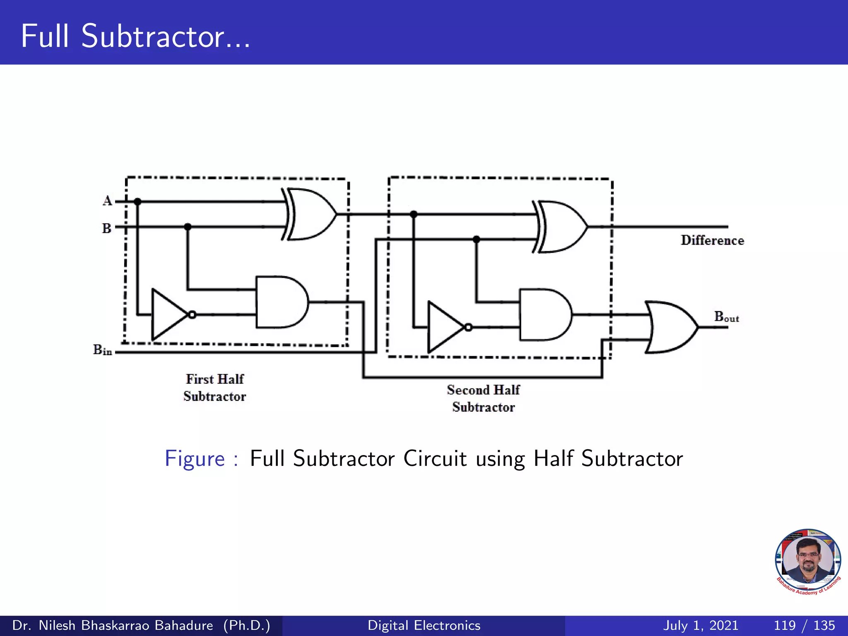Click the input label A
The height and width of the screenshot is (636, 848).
(107, 201)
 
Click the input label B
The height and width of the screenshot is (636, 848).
(107, 228)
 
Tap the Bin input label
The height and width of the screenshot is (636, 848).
(103, 350)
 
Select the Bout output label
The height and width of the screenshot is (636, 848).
(726, 317)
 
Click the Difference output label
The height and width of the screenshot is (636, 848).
(712, 241)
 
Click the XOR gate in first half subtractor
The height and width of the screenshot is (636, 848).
(311, 214)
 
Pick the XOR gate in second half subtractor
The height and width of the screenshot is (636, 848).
(561, 227)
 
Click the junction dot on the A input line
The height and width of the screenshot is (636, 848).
(138, 202)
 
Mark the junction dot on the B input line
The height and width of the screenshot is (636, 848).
(188, 227)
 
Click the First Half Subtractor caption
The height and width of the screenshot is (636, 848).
(215, 388)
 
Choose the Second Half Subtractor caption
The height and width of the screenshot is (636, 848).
(483, 398)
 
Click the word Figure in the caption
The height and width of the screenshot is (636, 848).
(195, 459)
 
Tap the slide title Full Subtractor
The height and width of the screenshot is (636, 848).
(135, 36)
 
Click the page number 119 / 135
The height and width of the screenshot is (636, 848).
(804, 625)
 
